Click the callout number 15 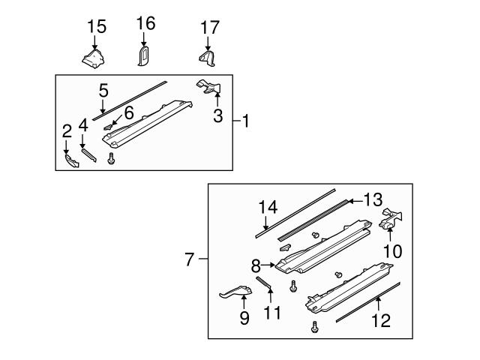pos(97,27)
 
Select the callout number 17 pos(210,28)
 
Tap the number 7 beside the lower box pos(190,260)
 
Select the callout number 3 pos(218,116)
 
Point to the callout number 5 pos(103,91)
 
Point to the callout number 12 pos(381,320)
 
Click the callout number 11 pos(272,311)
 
